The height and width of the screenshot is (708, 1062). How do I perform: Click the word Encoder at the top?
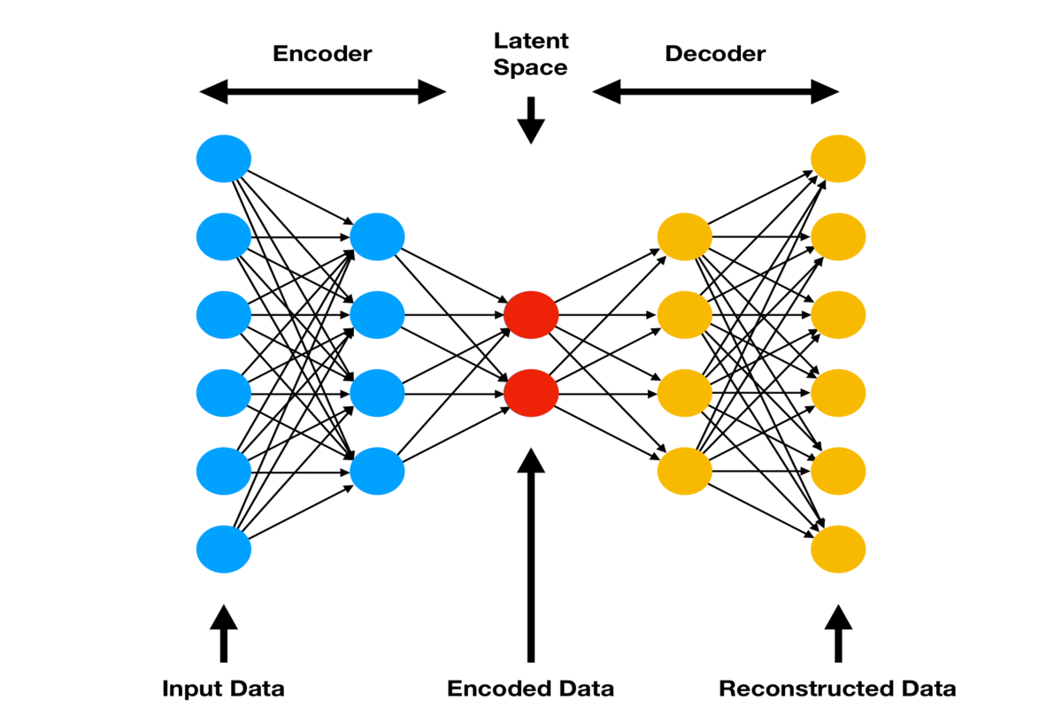[323, 54]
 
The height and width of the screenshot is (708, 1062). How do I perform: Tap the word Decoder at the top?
[715, 54]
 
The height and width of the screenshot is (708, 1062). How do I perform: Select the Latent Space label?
[530, 54]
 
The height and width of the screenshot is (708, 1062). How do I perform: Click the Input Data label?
[224, 689]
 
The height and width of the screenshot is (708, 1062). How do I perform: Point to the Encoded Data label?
[530, 689]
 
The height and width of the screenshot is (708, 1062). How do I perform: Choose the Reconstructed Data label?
[837, 689]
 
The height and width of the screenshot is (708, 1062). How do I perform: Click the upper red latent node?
[531, 314]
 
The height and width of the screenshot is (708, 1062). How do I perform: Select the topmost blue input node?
[224, 158]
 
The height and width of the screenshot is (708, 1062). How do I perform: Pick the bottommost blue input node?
[224, 549]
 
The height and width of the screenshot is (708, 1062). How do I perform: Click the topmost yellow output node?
[838, 158]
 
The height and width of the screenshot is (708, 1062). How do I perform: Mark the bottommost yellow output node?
[838, 549]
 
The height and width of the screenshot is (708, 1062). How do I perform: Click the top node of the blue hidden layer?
[377, 236]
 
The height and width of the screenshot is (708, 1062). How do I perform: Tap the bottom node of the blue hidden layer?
[377, 470]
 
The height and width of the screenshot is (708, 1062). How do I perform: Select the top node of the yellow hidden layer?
[685, 236]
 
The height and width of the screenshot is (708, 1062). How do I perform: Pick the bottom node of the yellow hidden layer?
[685, 470]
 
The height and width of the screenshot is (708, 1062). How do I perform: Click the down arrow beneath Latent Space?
[531, 120]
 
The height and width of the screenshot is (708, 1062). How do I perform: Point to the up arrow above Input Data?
[224, 632]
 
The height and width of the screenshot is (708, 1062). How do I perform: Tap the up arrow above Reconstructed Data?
[838, 632]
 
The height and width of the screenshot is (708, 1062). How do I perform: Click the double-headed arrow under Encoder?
[323, 92]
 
